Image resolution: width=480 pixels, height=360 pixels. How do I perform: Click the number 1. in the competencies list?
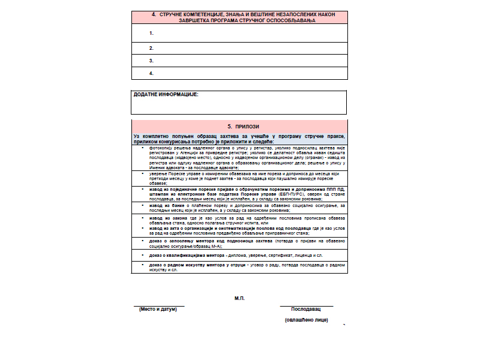[152, 33]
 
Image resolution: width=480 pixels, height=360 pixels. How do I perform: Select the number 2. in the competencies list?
[152, 48]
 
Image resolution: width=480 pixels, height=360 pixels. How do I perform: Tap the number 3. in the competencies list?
[152, 61]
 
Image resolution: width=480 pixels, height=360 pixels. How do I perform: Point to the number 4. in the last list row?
[152, 73]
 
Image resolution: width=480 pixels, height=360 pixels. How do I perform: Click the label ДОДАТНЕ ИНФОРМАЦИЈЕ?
[166, 94]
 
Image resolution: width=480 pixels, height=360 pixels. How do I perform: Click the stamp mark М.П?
[239, 298]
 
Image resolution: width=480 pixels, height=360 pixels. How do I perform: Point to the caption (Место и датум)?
[158, 310]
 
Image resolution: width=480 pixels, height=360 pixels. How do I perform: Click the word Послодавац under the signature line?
[306, 310]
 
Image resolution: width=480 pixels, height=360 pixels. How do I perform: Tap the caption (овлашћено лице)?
[306, 320]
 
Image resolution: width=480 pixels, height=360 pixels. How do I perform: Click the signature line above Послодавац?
[306, 306]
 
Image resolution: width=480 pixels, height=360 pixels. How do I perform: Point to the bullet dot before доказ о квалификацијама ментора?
[142, 255]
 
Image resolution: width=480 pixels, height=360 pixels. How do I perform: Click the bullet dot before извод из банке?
[142, 205]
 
